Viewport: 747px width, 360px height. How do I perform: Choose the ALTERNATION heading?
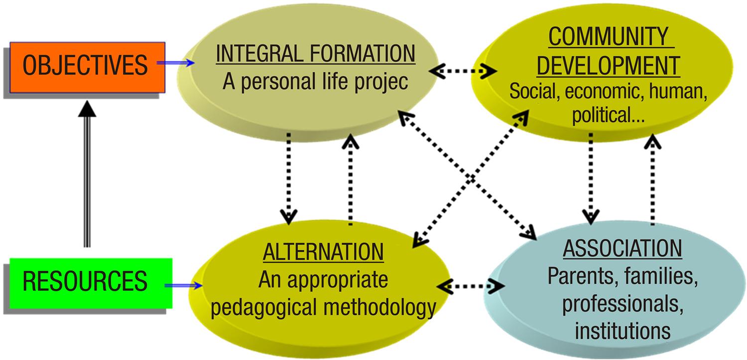pyautogui.click(x=323, y=252)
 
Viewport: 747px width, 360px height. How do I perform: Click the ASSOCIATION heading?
pyautogui.click(x=622, y=248)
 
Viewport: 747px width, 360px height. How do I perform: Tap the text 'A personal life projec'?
pyautogui.click(x=315, y=81)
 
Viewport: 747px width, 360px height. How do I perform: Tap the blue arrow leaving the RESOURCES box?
pyautogui.click(x=183, y=285)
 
